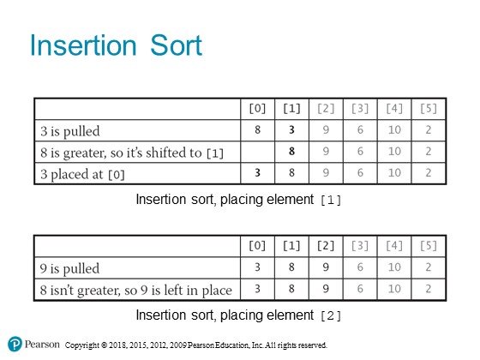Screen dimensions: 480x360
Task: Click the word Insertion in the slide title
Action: click(x=83, y=45)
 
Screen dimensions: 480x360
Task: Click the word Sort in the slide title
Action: click(x=176, y=45)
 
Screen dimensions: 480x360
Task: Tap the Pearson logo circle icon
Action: click(x=15, y=344)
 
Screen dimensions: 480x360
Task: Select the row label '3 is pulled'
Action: click(x=70, y=131)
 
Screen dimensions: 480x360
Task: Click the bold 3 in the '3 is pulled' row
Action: click(x=291, y=129)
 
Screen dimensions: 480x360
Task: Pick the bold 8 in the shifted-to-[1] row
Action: click(x=291, y=151)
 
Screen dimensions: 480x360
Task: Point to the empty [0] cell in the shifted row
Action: click(x=258, y=152)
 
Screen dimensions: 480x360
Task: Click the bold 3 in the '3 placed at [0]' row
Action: click(x=257, y=172)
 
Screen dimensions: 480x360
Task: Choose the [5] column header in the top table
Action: click(x=429, y=108)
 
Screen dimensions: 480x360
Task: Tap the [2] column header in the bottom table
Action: click(x=326, y=245)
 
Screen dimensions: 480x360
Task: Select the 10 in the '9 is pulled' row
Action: click(x=394, y=267)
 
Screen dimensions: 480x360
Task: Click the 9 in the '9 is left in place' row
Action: click(x=326, y=289)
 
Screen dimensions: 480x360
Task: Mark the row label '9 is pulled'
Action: click(x=69, y=268)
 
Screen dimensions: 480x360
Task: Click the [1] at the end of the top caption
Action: click(x=331, y=201)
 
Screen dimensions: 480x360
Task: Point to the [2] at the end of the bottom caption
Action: click(x=331, y=316)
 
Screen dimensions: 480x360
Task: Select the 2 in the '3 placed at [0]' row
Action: click(x=429, y=172)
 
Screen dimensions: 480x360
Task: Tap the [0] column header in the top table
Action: click(x=257, y=108)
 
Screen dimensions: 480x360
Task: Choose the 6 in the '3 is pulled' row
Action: click(x=360, y=129)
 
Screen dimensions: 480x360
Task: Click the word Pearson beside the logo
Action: click(x=42, y=344)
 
